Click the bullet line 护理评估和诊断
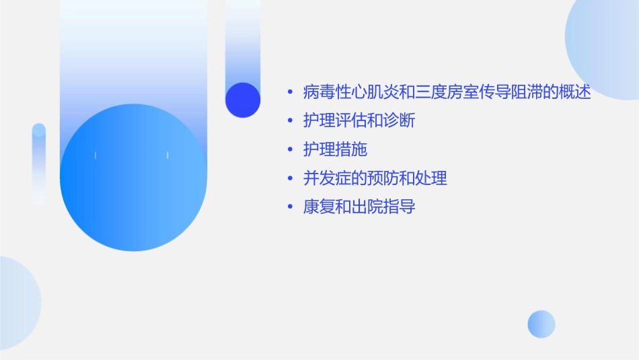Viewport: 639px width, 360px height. tap(359, 121)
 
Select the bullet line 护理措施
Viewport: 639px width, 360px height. tap(335, 149)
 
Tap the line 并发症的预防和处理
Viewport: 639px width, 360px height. tap(375, 178)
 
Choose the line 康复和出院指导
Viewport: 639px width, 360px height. tap(359, 207)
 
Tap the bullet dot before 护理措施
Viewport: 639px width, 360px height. tap(290, 150)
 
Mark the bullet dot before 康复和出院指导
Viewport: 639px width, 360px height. tap(290, 207)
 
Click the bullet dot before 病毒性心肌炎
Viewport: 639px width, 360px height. tap(290, 93)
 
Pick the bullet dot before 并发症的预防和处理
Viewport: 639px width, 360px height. tap(290, 179)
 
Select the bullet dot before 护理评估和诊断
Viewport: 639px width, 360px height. tap(290, 122)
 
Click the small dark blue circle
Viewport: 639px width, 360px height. tap(243, 100)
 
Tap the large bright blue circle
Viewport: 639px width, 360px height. tap(133, 178)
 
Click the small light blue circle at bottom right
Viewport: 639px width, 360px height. tap(541, 324)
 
